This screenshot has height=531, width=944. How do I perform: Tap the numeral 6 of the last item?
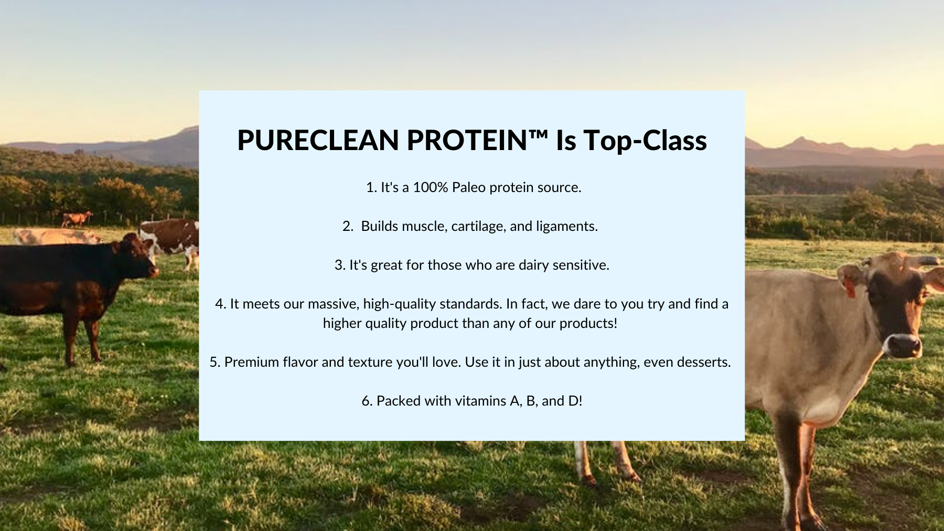(366, 401)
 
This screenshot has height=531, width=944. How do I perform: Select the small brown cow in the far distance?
(77, 218)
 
